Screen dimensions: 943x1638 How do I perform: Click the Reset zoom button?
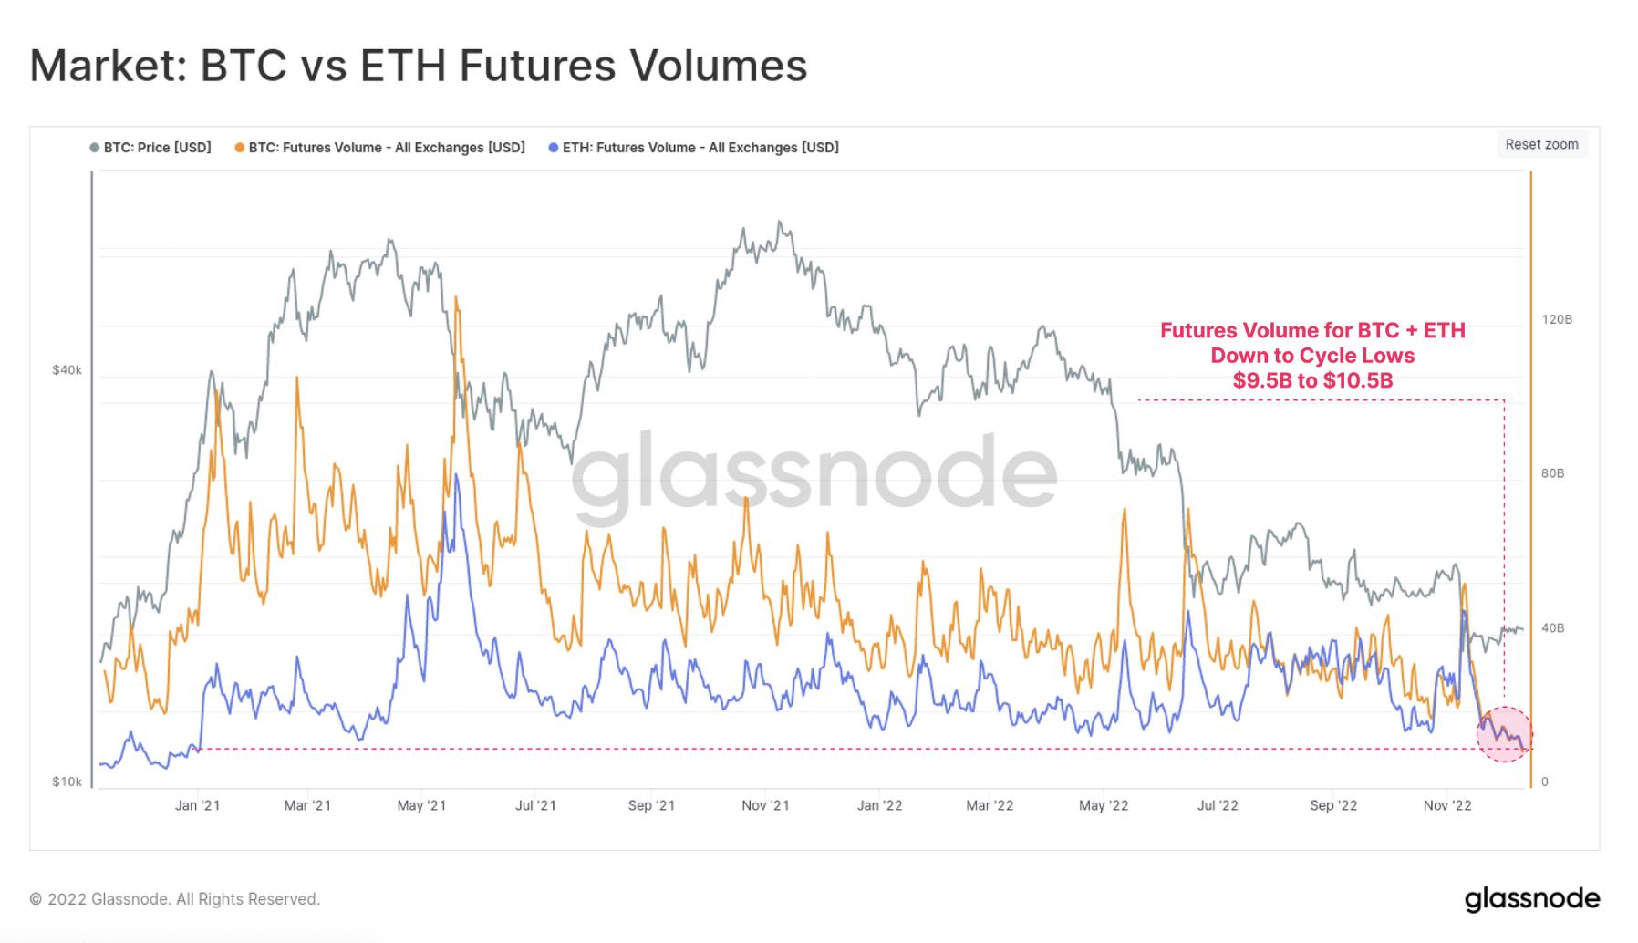(1541, 144)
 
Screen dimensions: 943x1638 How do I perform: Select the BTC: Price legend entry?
(151, 148)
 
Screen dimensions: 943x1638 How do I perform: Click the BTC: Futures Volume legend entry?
(380, 148)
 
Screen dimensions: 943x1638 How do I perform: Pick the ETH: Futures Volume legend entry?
(694, 148)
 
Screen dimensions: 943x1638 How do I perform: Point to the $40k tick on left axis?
(67, 369)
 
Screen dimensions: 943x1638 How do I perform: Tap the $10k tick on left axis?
(67, 782)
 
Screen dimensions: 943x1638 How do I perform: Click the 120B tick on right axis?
(1557, 319)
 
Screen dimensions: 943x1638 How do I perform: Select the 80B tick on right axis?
(1552, 473)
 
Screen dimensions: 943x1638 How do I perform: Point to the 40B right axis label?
(1552, 627)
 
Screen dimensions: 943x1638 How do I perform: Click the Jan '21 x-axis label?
(197, 805)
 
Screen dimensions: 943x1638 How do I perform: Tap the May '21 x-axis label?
(421, 805)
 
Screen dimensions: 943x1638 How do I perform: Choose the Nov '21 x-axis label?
(765, 805)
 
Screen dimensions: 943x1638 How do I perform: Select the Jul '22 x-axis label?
(1218, 805)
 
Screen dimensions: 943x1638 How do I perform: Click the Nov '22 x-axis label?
(1447, 805)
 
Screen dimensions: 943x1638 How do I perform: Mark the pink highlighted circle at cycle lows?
(1504, 734)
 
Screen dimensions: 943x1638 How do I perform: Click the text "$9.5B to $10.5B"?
(1312, 380)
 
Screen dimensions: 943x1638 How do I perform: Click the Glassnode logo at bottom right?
(1531, 898)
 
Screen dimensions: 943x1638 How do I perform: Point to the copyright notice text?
(174, 899)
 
